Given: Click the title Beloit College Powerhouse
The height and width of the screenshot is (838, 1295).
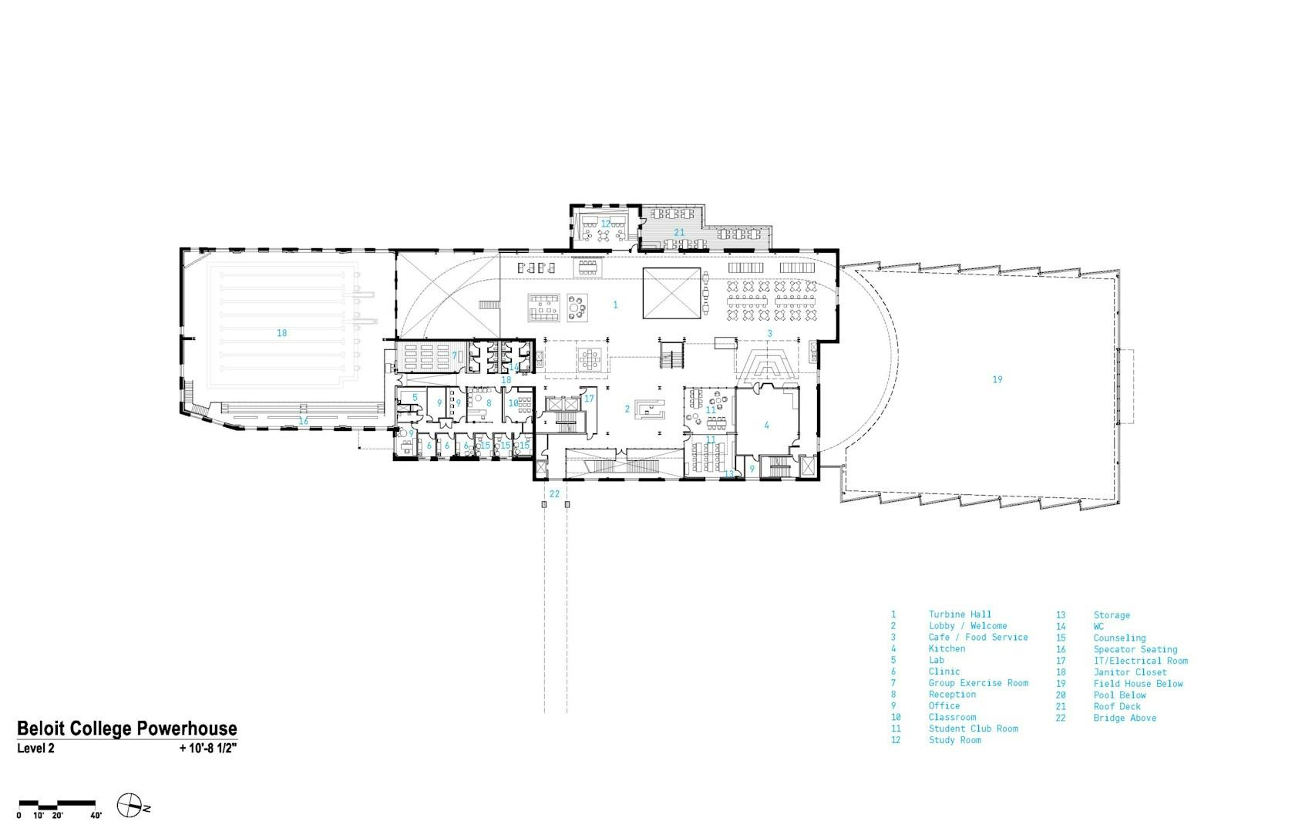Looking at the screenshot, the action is (127, 729).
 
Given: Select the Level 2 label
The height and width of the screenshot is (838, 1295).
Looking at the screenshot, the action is (35, 749).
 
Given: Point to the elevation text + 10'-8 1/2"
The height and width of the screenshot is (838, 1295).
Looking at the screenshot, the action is (208, 749).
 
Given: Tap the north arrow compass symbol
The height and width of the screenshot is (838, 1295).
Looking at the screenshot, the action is (129, 806).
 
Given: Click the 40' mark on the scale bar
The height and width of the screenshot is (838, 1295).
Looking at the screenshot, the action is (96, 816).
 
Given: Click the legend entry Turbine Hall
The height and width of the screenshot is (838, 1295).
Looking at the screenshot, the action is (960, 614).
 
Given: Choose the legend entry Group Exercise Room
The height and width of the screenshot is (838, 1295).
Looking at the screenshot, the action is (978, 683).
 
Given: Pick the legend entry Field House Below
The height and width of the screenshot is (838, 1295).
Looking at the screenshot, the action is (1138, 684).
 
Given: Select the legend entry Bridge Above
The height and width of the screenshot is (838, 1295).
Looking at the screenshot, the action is (1125, 718).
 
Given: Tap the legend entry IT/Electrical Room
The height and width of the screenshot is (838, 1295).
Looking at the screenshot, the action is (1141, 661).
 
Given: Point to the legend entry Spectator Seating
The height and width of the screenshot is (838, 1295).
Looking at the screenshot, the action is (1135, 649).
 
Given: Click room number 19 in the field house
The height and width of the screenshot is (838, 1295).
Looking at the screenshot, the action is (997, 379).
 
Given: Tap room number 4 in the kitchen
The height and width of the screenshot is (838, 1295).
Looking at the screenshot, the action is (766, 425).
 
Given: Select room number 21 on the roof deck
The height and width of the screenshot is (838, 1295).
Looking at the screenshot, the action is (679, 233).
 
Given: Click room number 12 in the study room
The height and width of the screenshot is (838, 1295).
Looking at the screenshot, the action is (605, 224).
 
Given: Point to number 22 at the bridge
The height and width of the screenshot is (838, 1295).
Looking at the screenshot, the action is (554, 494).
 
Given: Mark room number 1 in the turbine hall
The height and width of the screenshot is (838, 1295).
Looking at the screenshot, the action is (615, 305).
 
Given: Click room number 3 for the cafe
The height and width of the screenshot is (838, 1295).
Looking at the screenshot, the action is (769, 333).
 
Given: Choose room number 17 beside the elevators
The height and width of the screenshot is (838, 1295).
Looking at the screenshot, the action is (589, 399).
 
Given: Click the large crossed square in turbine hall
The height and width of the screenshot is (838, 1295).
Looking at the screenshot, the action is (671, 293).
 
